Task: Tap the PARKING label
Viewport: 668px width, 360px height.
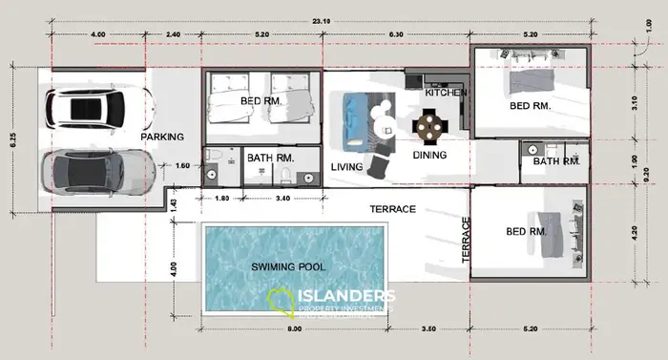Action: (162, 138)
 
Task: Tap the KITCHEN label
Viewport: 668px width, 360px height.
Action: (446, 93)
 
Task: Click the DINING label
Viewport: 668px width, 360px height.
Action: (429, 155)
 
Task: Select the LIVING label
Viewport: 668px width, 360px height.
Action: (346, 167)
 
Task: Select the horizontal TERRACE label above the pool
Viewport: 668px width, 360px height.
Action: (393, 207)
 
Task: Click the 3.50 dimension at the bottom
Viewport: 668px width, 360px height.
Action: (428, 328)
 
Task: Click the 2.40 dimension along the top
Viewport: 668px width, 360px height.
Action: (173, 33)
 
